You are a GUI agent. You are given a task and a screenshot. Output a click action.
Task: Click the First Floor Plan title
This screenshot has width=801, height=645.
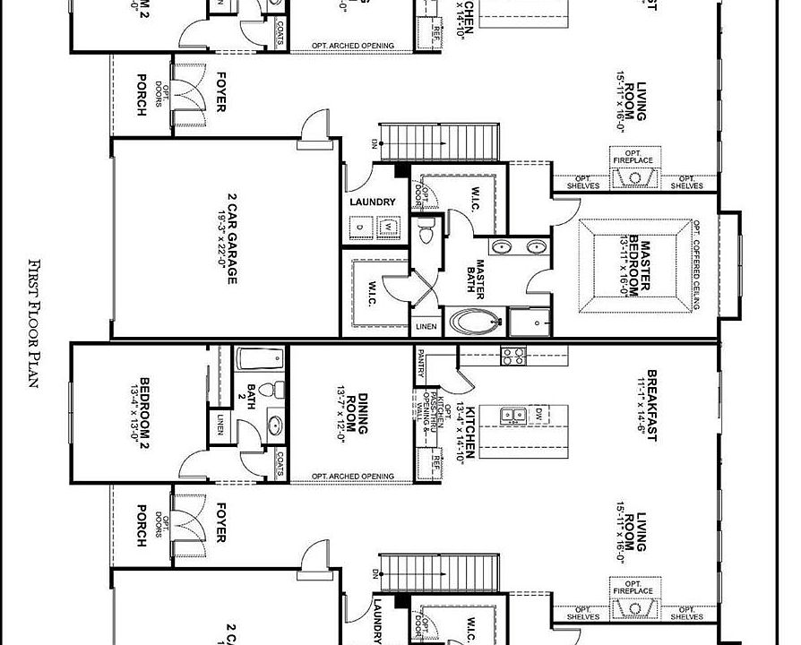point(35,322)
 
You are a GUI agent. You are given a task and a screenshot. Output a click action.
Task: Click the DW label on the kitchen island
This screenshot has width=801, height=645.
point(538,415)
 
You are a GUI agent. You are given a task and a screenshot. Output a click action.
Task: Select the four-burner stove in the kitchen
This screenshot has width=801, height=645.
point(512,357)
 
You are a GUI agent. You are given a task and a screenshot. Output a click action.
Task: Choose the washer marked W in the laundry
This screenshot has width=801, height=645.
point(389,227)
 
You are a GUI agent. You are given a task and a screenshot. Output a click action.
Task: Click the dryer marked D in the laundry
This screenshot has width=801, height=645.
point(359,227)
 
